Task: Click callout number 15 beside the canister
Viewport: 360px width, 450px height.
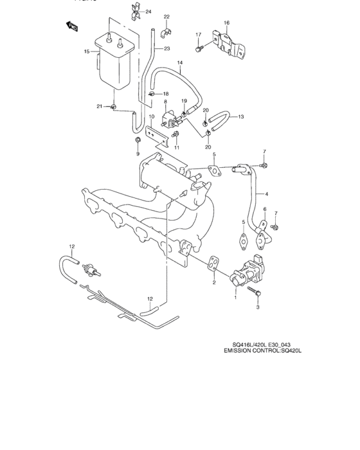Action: point(86,51)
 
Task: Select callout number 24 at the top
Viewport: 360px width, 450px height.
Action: point(148,12)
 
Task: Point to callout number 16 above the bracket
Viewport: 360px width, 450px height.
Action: point(226,23)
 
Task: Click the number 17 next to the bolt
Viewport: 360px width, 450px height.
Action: point(199,34)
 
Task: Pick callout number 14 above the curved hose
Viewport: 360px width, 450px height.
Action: point(181,62)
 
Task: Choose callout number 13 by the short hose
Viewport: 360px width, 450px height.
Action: point(241,117)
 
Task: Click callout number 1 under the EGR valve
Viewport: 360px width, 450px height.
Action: point(235,298)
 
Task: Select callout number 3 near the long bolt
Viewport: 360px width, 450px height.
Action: point(258,308)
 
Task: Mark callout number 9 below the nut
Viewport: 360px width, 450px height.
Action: point(137,154)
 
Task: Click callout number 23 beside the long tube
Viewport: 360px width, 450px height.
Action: point(167,48)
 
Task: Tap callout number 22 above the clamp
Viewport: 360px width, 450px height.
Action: point(166,16)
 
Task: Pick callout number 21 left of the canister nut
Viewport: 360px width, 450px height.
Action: point(100,105)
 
